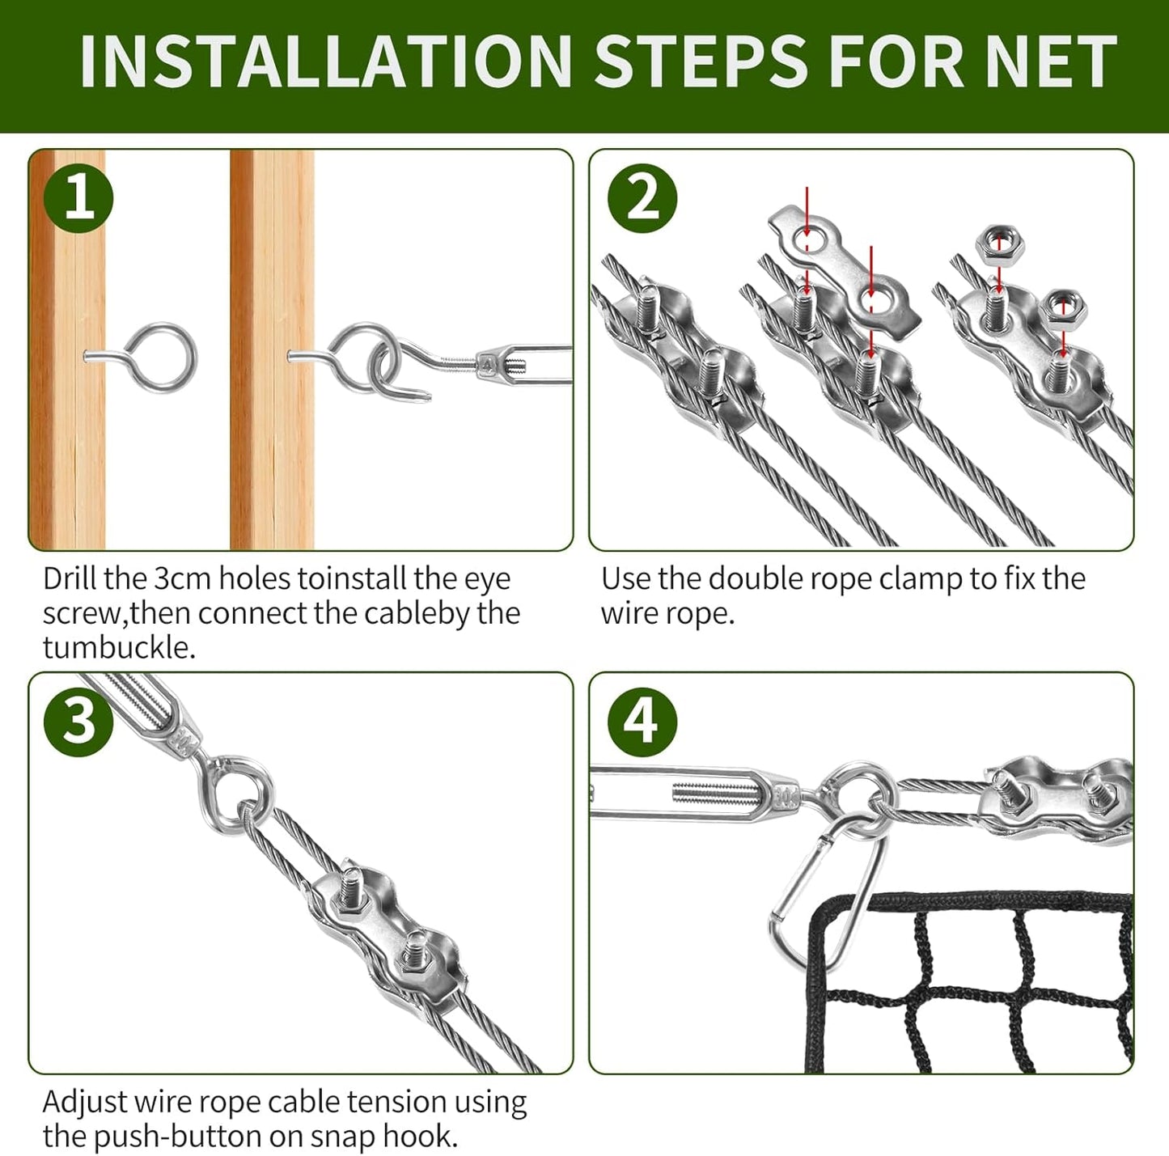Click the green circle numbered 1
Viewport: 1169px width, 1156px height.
tap(78, 198)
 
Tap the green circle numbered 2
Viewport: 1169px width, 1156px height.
tap(642, 198)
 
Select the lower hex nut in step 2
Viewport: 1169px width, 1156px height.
tap(1062, 308)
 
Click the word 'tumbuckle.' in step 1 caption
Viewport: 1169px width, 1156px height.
tap(119, 648)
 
